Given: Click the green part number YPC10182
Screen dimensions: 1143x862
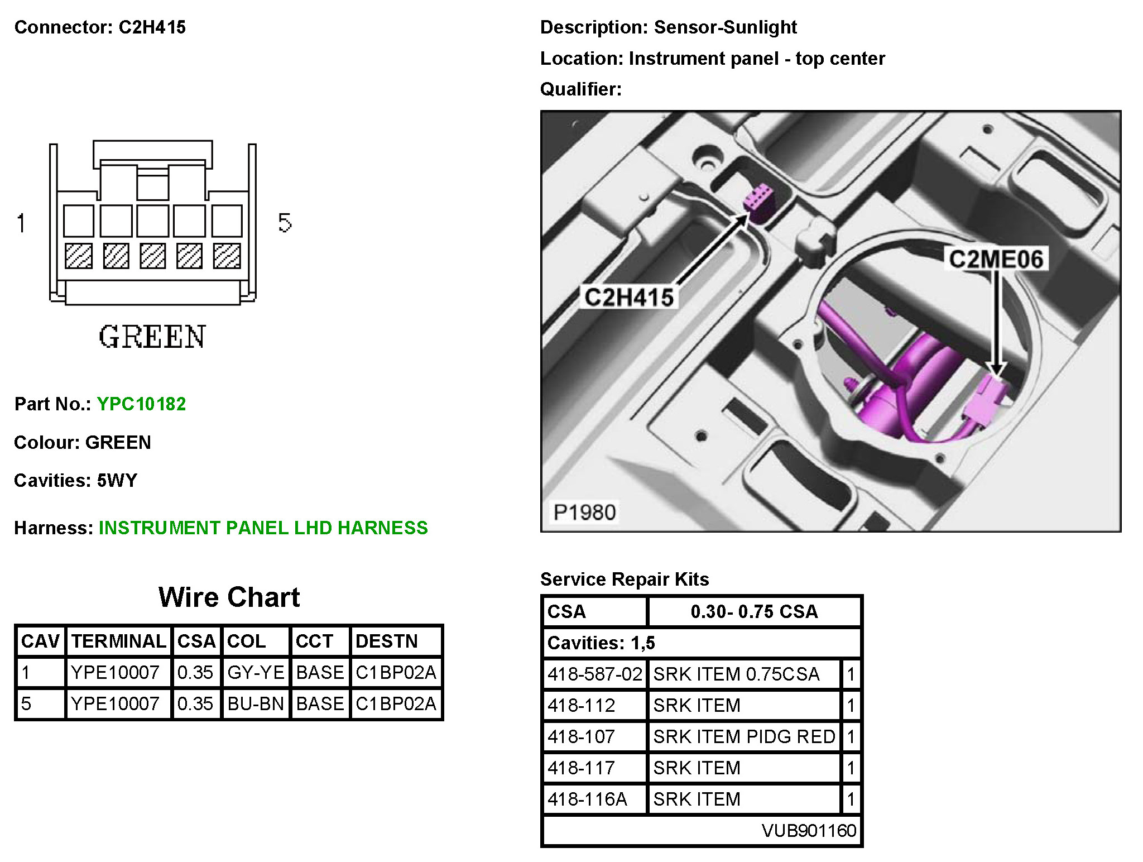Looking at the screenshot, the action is tap(141, 404).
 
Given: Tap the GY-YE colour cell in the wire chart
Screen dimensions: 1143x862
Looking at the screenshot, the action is tap(256, 672).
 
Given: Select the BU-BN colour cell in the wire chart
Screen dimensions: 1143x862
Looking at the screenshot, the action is tap(256, 703).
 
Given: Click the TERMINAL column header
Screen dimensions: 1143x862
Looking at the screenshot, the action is tap(119, 641).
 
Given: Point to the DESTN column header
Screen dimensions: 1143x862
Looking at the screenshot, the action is tap(387, 641).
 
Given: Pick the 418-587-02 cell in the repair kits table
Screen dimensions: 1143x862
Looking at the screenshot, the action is tap(595, 674).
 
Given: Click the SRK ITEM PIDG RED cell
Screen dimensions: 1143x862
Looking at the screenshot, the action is tap(745, 736).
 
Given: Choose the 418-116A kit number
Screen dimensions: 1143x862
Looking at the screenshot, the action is tap(587, 799).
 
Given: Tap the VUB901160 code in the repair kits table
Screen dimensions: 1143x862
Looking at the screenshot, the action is tap(809, 830).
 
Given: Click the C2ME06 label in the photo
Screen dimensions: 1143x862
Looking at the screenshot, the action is tap(996, 259).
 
